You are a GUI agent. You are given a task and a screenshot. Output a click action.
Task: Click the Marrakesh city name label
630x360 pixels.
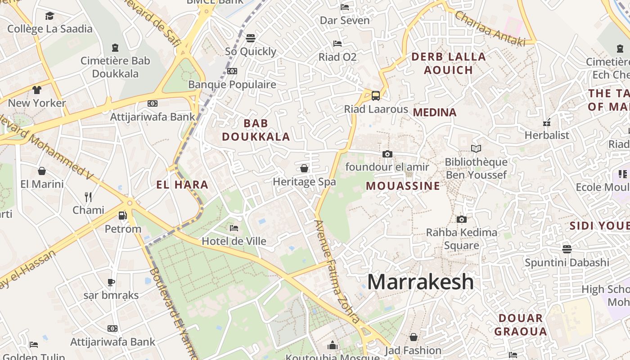coord(420,282)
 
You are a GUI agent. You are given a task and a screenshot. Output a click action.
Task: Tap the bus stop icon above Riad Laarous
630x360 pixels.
coord(375,95)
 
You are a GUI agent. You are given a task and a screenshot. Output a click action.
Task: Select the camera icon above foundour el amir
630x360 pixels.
coord(387,154)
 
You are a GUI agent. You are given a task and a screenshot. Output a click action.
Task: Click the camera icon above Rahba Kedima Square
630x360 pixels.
coord(461,220)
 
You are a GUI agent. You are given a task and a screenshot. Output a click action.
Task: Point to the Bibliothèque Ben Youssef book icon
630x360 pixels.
coord(476,148)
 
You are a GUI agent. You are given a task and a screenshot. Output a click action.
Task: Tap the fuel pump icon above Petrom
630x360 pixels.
coord(122,216)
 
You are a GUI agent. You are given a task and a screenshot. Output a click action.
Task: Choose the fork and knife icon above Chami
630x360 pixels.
coord(88,197)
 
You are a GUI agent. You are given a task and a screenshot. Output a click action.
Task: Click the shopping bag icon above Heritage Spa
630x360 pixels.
coord(304,168)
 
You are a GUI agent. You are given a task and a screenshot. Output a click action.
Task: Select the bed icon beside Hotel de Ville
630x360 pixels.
coord(234,228)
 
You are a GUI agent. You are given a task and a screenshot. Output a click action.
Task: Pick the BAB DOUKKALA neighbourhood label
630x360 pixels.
coord(256,130)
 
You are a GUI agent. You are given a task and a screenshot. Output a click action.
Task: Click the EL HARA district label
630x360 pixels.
coord(182,184)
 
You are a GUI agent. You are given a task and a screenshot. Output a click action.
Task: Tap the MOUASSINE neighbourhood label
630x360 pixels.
coord(403,186)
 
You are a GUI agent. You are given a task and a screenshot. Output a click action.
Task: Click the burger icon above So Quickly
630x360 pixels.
coord(251,38)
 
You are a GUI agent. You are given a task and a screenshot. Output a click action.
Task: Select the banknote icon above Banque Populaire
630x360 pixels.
coord(232,71)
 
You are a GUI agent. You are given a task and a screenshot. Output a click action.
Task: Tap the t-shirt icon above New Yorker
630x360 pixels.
coord(37,90)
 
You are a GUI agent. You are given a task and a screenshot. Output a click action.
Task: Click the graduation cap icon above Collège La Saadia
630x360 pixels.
coord(49,16)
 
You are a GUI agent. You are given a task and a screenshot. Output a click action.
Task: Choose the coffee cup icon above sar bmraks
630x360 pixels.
coord(111,282)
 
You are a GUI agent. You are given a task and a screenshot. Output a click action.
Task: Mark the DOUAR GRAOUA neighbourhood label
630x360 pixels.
coord(521,325)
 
